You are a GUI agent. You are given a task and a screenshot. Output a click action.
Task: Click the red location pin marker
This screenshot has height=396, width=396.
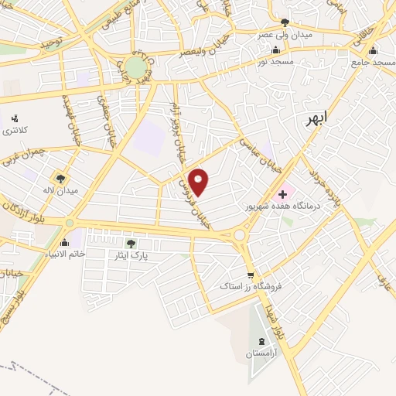click(x=200, y=182)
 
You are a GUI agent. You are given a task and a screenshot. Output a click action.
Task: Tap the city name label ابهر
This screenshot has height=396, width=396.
click(x=316, y=118)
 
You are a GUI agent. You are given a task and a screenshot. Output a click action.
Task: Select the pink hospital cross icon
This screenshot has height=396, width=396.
click(x=282, y=193)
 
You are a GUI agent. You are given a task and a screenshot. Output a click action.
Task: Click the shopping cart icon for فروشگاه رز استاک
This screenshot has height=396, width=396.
click(x=250, y=275)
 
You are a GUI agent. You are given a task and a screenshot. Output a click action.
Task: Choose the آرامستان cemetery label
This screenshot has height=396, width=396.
click(x=261, y=353)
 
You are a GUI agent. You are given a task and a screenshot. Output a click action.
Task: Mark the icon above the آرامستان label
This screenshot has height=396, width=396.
click(x=260, y=341)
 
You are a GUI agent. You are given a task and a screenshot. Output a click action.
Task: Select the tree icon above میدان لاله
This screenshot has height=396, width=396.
click(x=62, y=178)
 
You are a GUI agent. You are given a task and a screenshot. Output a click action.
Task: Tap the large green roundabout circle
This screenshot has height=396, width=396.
click(x=137, y=67)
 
